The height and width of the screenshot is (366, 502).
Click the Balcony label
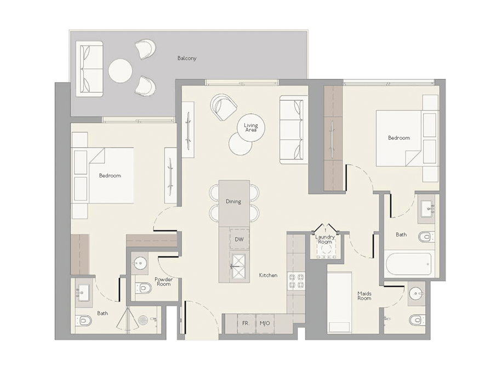click(x=187, y=58)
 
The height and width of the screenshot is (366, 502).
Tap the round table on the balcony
click(x=121, y=71)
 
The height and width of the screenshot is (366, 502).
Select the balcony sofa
click(x=89, y=69)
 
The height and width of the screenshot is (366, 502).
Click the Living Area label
click(x=250, y=128)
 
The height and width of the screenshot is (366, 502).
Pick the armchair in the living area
click(x=223, y=107)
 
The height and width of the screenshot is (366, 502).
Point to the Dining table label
click(x=233, y=202)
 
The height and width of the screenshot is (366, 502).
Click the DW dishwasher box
click(x=239, y=239)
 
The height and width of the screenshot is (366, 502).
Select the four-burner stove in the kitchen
click(x=296, y=281)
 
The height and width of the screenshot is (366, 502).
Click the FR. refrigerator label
click(x=246, y=323)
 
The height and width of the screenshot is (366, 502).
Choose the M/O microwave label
click(x=265, y=323)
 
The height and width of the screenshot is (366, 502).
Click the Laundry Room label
click(x=325, y=239)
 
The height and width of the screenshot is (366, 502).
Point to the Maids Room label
click(x=364, y=295)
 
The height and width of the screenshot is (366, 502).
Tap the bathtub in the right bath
click(x=408, y=264)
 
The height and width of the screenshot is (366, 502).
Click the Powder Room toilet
click(x=144, y=288)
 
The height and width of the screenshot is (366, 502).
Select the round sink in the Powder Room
click(x=140, y=263)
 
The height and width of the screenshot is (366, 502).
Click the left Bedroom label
click(x=110, y=175)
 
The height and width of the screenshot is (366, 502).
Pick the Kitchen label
click(x=269, y=275)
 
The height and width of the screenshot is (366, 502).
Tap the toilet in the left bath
click(x=84, y=320)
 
